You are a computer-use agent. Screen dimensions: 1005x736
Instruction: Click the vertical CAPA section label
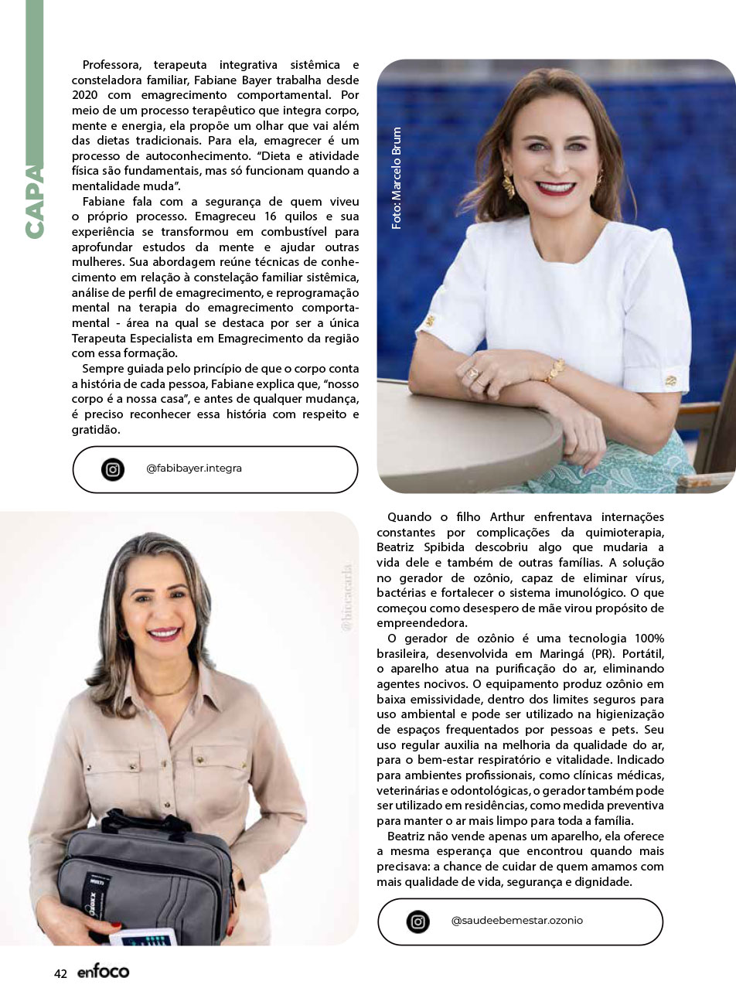pos(33,201)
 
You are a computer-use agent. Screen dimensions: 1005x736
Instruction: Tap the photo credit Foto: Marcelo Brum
pos(397,178)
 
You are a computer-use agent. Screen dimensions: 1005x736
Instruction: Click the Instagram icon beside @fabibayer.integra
pos(113,469)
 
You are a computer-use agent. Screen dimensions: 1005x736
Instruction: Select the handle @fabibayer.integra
pos(193,468)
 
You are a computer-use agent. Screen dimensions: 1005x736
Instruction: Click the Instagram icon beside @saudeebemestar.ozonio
pos(417,922)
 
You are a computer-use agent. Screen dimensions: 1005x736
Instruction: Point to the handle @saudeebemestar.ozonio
pos(516,921)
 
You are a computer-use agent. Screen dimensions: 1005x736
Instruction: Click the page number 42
pos(60,973)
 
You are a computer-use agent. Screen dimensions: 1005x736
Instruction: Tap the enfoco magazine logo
pos(103,972)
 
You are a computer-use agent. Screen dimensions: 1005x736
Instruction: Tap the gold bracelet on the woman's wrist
pos(554,372)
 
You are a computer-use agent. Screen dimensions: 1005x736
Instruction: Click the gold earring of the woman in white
pos(509,186)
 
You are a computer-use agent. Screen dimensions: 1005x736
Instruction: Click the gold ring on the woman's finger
pos(472,373)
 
